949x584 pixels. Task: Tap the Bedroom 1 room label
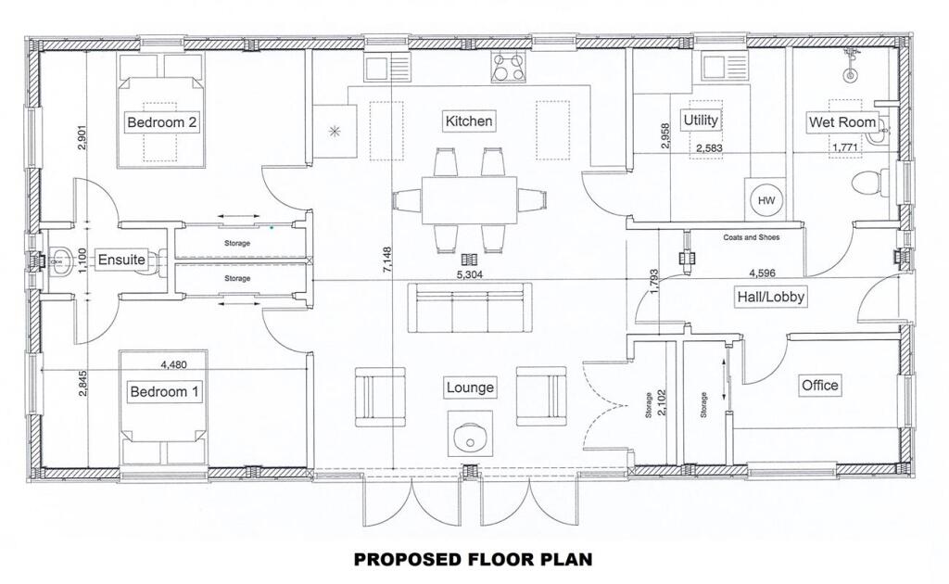[x=164, y=392]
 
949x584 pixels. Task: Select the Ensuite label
[x=121, y=260]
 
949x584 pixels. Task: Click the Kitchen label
[x=469, y=121]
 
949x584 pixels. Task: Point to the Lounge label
[x=469, y=387]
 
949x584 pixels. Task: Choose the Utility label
[x=701, y=120]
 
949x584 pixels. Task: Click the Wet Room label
[x=841, y=122]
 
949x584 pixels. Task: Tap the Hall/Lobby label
[x=770, y=297]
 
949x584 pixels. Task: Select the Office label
[x=820, y=385]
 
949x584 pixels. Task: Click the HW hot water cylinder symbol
[x=766, y=200]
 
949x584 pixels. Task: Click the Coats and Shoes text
[x=751, y=237]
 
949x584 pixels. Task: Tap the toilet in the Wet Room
[x=867, y=184]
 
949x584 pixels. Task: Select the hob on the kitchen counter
[x=508, y=67]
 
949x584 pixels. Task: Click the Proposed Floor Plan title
[x=473, y=560]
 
